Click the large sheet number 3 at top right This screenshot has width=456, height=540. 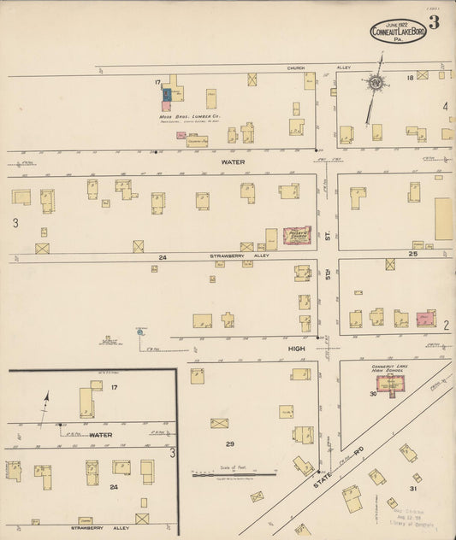(434, 23)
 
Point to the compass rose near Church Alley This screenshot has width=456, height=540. (375, 84)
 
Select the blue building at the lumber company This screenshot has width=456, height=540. (169, 94)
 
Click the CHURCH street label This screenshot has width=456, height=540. (296, 68)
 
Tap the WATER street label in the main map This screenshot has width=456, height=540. (233, 161)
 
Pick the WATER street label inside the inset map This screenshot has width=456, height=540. (101, 435)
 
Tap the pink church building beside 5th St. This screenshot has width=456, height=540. (297, 235)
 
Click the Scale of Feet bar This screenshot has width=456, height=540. (233, 473)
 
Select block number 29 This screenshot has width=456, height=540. (229, 444)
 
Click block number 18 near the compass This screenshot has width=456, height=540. (410, 78)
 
